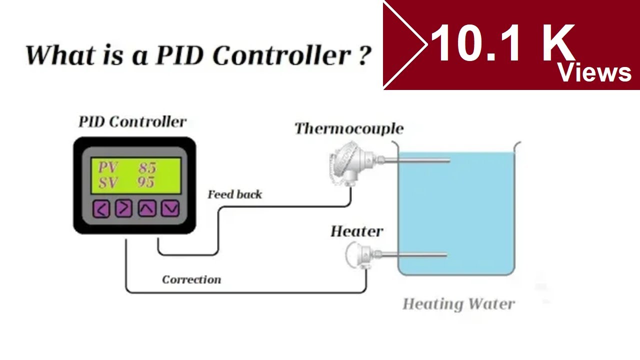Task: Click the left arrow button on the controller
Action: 101,208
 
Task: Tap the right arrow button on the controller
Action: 123,208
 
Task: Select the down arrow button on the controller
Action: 170,208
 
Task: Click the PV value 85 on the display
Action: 147,167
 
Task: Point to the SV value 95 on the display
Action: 146,182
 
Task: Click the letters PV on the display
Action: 106,167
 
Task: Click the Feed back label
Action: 234,194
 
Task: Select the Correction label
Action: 191,279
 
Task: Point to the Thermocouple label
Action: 348,129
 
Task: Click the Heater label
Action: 356,231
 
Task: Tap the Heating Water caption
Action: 458,304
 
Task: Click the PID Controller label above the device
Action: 132,121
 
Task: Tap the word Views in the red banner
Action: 594,73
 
